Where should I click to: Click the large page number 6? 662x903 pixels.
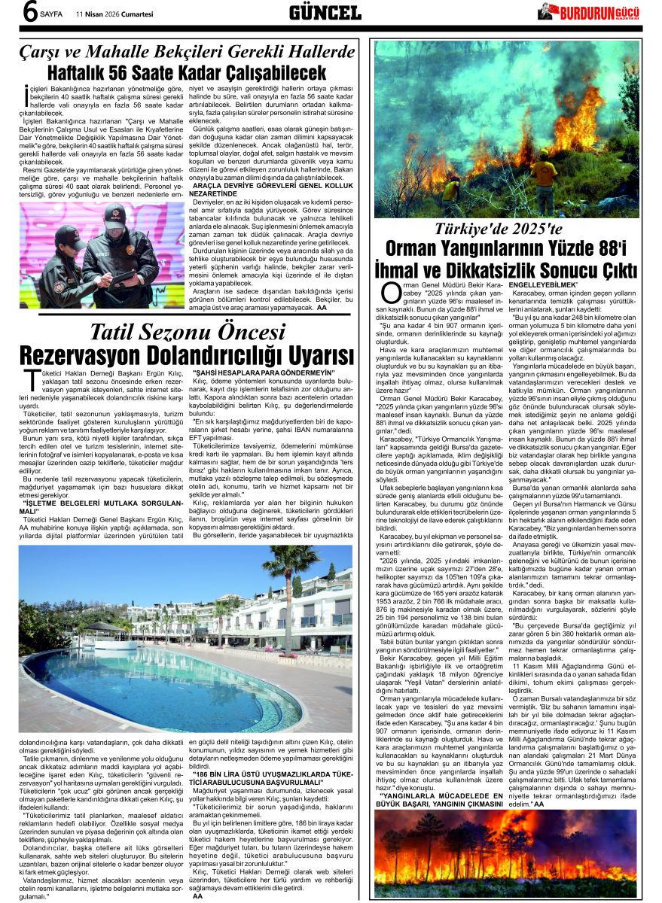click(x=30, y=13)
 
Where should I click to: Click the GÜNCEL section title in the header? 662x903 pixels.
click(x=325, y=12)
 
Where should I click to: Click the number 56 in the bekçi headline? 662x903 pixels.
click(x=133, y=73)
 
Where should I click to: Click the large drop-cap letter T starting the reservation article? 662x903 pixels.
click(x=31, y=379)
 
